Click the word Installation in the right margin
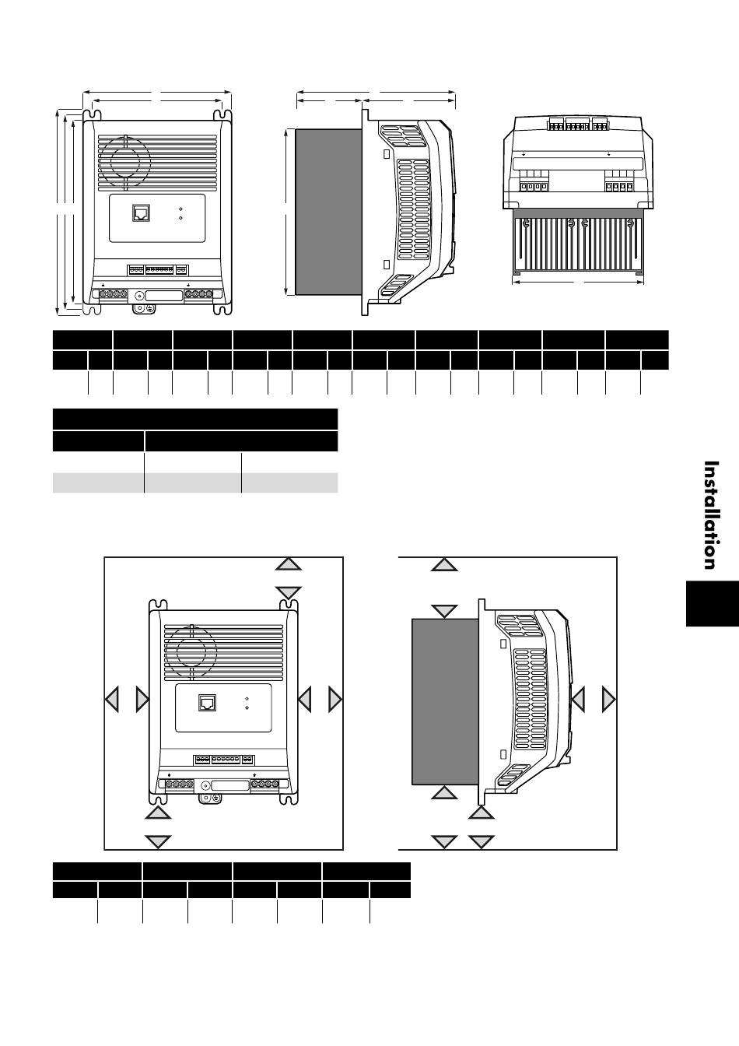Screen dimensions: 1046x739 point(710,515)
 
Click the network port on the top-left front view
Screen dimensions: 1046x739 point(142,213)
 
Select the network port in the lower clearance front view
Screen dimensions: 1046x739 point(208,702)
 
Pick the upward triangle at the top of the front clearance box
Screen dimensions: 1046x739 point(289,563)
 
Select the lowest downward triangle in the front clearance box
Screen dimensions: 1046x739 point(158,841)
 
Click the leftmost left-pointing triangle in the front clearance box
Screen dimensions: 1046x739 point(112,700)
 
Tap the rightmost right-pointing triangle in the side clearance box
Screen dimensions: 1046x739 point(608,700)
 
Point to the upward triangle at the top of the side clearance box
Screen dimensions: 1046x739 point(444,563)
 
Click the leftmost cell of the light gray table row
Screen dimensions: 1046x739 point(98,483)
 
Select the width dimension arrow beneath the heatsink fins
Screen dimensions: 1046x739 point(578,281)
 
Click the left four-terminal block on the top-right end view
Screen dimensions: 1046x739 point(531,187)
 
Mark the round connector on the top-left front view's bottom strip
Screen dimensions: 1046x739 point(140,296)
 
